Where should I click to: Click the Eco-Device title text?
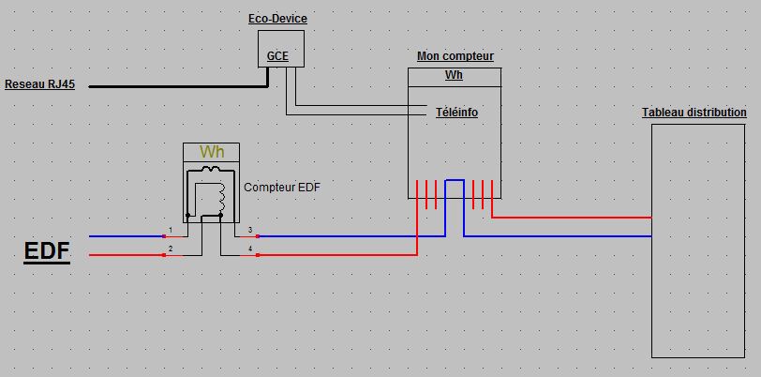276,19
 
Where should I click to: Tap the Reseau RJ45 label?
39,84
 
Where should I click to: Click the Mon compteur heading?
455,56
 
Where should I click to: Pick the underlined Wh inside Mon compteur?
455,76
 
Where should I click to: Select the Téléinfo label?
456,113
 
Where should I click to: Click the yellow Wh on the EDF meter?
211,152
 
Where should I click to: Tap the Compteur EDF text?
281,188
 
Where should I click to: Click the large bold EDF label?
47,252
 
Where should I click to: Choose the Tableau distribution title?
694,113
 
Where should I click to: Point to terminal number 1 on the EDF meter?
171,230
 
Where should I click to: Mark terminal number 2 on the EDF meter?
171,249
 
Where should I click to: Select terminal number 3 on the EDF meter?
250,230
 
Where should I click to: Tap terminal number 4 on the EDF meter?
250,249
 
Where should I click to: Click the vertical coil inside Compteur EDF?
222,196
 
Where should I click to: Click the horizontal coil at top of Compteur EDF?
211,171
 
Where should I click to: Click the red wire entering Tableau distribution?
572,218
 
